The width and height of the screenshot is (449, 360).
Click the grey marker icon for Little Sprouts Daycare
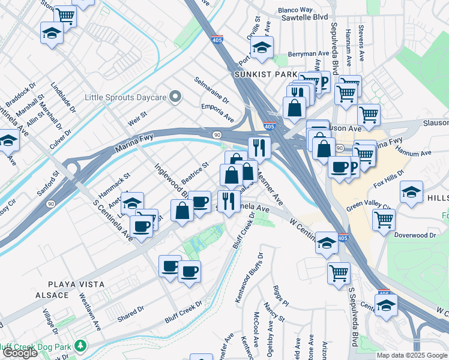[x=175, y=97]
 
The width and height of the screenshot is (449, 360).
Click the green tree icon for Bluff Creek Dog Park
[x=79, y=346]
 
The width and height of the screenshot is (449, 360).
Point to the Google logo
[x=19, y=353]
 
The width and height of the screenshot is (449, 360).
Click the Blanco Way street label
[x=295, y=10]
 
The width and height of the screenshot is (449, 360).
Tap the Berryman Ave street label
[x=310, y=54]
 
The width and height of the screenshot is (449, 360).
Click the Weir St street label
[x=137, y=115]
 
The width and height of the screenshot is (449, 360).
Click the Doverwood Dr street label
[x=415, y=235]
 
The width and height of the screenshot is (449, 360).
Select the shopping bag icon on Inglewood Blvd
[x=182, y=210]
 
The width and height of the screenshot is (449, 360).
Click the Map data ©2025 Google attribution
[x=412, y=355]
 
